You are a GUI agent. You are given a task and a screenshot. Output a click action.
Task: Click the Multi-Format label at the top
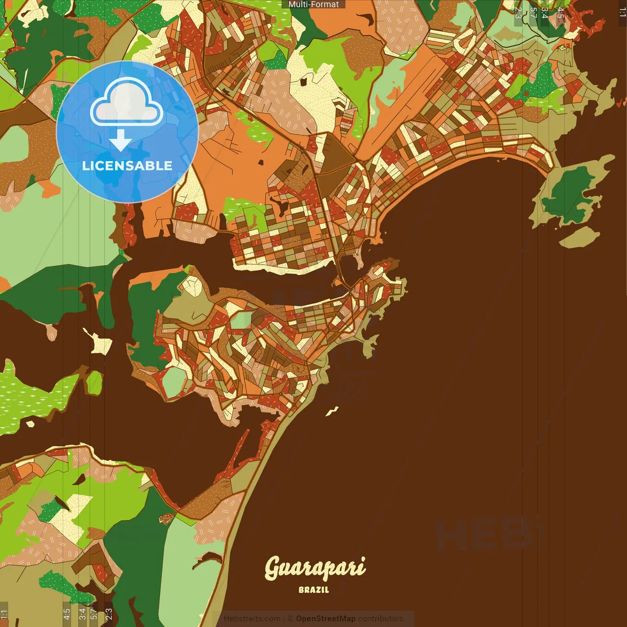coord(313,4)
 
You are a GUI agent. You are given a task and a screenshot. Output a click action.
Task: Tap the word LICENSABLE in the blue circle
coord(127,166)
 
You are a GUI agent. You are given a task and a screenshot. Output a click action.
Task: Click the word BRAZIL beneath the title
coord(313,590)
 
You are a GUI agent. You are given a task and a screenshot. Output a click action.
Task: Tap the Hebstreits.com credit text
coord(252,619)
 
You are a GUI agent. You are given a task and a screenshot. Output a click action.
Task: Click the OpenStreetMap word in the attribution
coord(325,619)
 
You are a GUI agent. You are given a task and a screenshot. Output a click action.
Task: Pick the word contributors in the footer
coord(380,619)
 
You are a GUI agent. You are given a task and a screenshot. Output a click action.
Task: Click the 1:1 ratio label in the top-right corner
coord(622,12)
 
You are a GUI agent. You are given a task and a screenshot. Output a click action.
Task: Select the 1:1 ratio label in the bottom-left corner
coord(4,614)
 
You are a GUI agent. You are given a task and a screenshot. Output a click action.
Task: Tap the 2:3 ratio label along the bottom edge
coord(109,613)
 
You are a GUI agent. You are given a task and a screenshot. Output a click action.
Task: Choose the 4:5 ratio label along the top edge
coord(560,13)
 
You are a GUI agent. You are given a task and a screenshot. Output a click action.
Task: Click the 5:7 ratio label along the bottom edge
coord(94,613)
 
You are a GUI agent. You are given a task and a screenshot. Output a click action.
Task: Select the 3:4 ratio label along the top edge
coord(545,13)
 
